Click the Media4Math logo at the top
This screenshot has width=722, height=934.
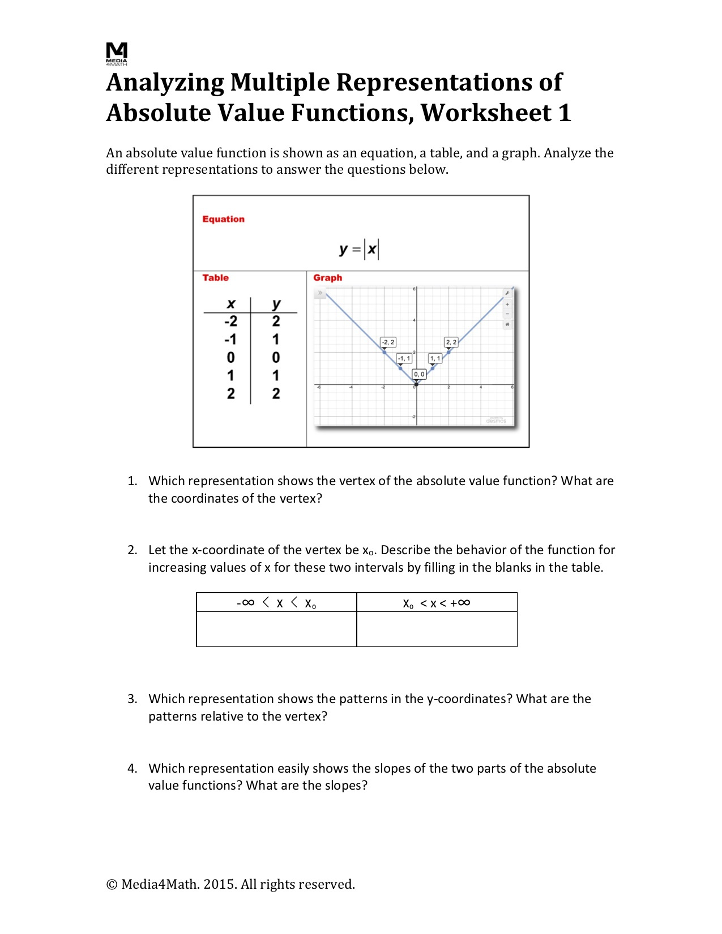tap(117, 53)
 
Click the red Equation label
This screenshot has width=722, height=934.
tap(223, 219)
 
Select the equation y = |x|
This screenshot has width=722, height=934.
tap(359, 249)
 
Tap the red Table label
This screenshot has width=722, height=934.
tap(215, 277)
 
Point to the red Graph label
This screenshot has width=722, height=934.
tap(327, 277)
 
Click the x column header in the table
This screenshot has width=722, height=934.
tap(230, 304)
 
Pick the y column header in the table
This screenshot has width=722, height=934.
tap(276, 304)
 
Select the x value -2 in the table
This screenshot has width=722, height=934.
tap(230, 322)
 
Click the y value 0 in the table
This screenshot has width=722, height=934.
tap(276, 358)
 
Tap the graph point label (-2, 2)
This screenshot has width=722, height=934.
tap(388, 342)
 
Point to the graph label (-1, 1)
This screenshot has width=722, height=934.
tap(404, 358)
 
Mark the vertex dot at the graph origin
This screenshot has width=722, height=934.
tap(416, 385)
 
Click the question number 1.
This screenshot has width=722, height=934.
tap(132, 481)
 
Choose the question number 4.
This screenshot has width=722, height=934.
tap(132, 769)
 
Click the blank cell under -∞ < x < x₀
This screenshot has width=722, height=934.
tap(276, 629)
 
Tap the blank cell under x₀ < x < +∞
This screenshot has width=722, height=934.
tap(437, 629)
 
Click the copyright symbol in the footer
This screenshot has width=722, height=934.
tap(112, 885)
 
